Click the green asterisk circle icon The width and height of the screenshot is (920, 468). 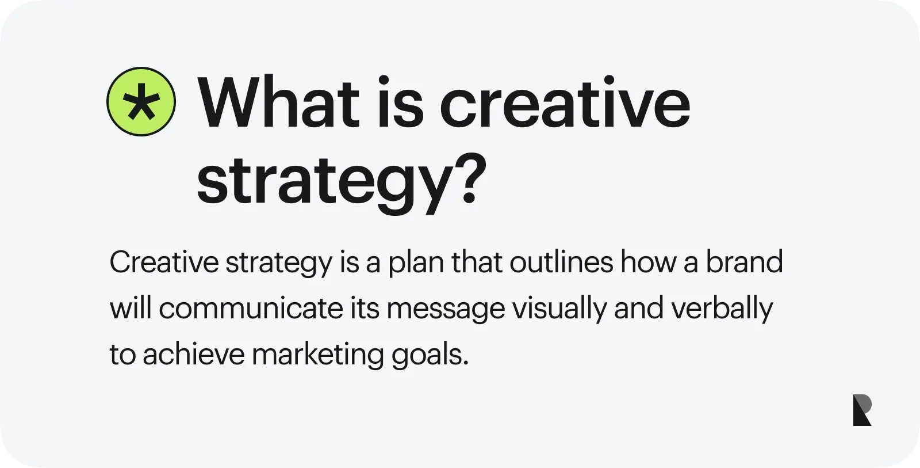(141, 102)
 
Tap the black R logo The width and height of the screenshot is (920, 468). (862, 410)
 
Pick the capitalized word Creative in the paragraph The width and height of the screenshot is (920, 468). (164, 262)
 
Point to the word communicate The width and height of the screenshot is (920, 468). (251, 309)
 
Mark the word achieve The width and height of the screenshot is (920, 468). (193, 354)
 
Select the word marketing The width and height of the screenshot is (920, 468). (317, 355)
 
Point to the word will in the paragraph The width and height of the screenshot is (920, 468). (130, 309)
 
